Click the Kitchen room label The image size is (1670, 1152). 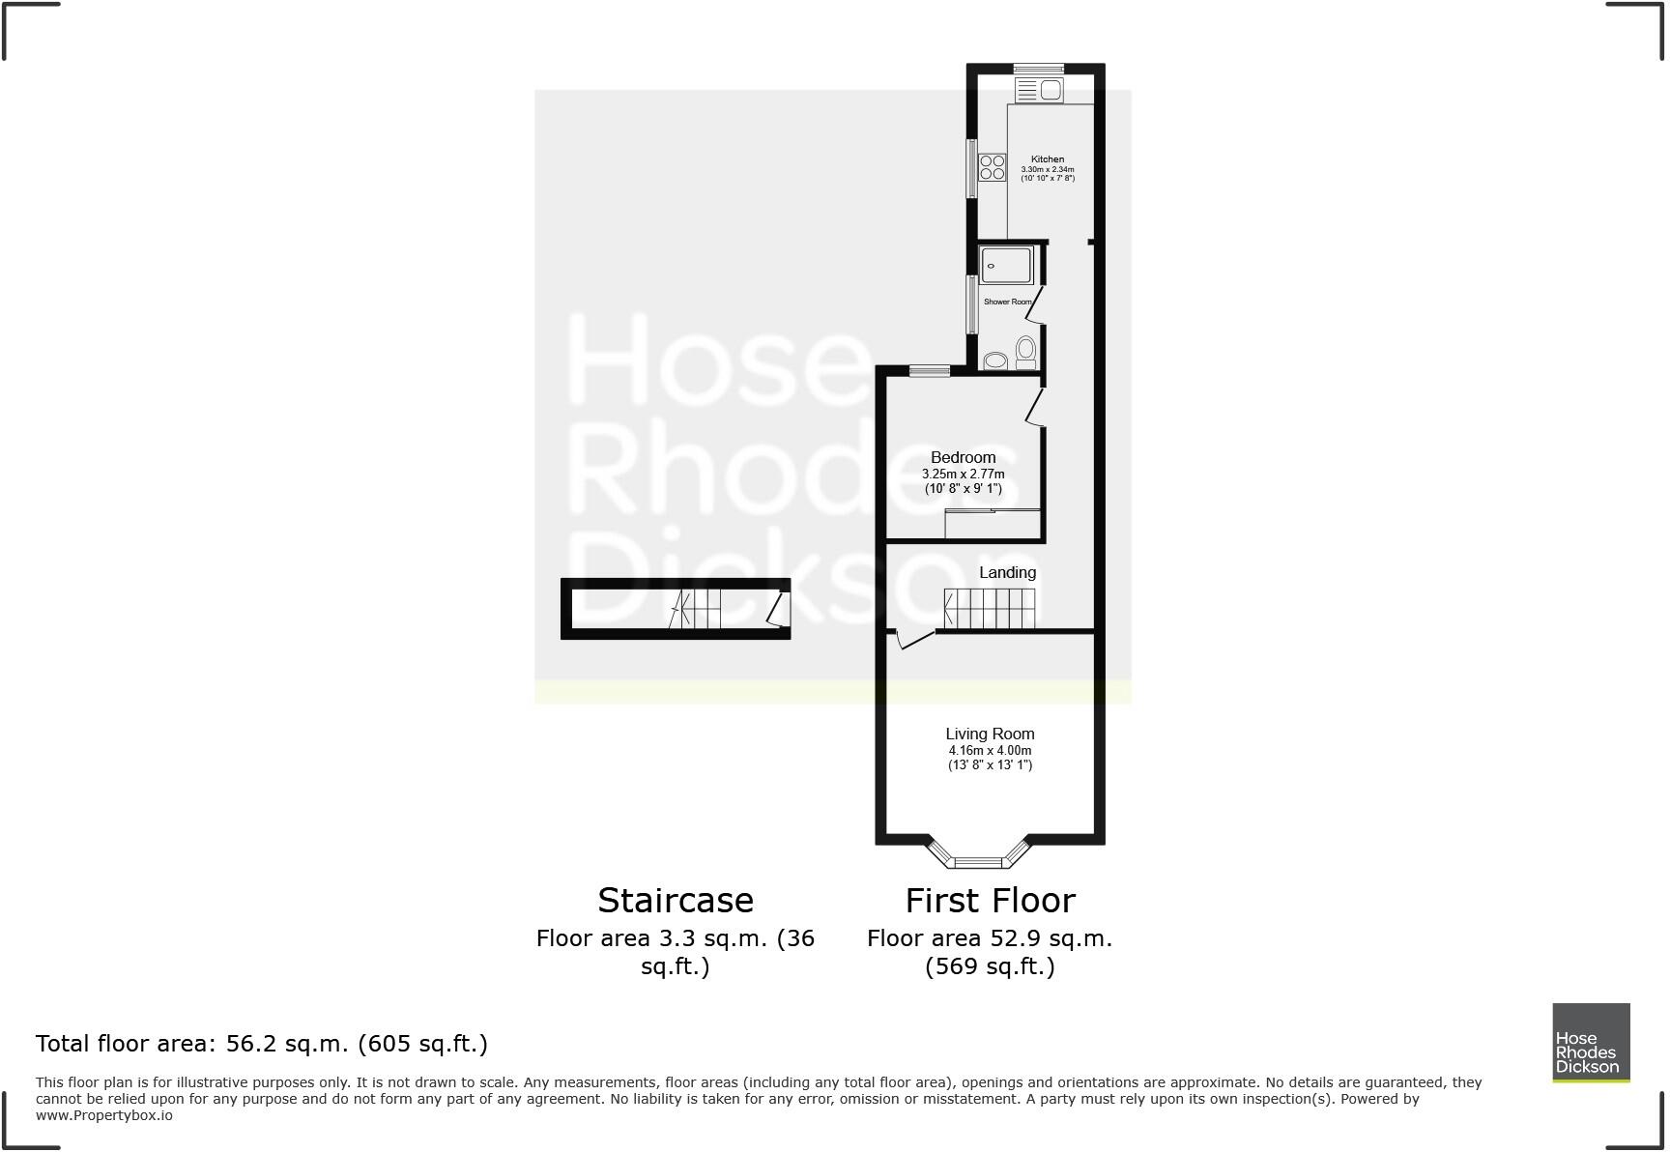(1048, 159)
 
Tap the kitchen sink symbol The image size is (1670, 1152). (1039, 91)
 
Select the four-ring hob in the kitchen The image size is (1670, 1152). (993, 168)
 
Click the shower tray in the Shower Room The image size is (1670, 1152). (1006, 265)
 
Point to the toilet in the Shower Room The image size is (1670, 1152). (1025, 351)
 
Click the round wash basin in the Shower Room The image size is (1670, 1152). (994, 361)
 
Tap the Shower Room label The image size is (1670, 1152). (1007, 302)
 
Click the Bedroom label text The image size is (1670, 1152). (963, 457)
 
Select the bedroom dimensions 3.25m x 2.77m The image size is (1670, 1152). (963, 475)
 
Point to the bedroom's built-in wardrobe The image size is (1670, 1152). (993, 525)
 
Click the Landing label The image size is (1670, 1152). (1007, 572)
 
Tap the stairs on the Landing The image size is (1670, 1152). (990, 609)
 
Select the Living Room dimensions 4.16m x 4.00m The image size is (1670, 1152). (990, 751)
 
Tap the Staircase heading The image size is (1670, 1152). (676, 901)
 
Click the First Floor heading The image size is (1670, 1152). (990, 901)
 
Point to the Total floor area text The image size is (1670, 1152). (262, 1044)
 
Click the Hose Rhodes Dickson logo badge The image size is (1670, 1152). (1591, 1042)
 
